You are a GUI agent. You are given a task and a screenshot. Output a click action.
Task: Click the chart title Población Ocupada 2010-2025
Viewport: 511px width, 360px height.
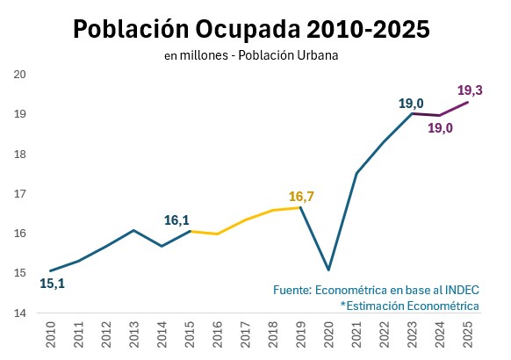(252, 29)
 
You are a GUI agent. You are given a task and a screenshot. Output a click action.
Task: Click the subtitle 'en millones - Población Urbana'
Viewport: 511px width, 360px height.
(251, 55)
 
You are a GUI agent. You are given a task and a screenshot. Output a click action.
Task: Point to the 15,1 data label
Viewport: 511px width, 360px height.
(53, 284)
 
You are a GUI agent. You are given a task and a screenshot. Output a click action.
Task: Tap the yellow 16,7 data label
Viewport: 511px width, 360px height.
(301, 197)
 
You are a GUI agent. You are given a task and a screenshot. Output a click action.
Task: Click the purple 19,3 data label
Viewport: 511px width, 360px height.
(471, 90)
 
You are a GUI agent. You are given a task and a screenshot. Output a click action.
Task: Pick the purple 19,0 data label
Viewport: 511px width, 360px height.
(440, 128)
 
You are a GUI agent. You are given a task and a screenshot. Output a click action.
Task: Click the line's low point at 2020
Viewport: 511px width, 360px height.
(328, 270)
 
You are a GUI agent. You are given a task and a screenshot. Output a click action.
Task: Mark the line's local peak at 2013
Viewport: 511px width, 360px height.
(133, 230)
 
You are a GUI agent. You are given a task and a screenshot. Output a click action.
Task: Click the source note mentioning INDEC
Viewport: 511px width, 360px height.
(376, 289)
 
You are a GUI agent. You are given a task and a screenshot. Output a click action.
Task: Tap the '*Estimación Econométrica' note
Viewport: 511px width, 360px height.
(409, 305)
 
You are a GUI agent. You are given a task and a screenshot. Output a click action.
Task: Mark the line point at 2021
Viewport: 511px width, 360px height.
(356, 173)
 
